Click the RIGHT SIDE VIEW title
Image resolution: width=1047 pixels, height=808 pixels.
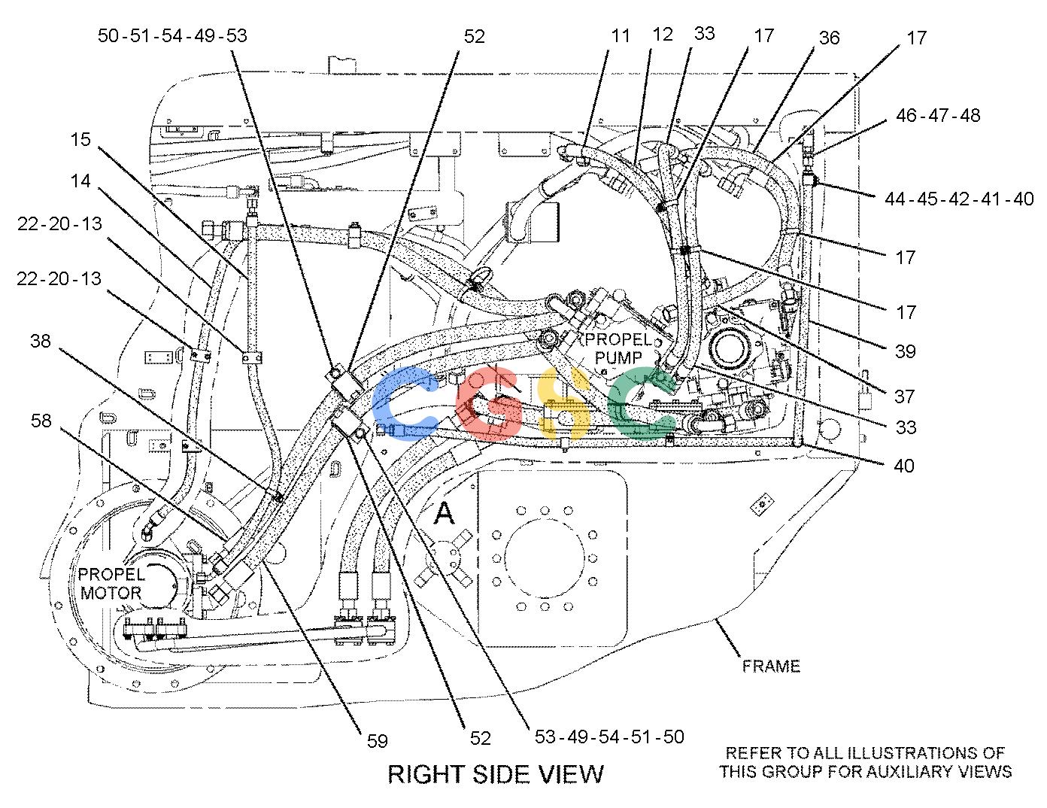click(x=496, y=774)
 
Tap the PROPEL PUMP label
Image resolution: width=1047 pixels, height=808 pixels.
click(x=618, y=349)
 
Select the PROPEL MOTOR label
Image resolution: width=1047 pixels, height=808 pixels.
click(x=111, y=584)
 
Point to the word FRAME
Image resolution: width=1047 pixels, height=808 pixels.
click(x=771, y=667)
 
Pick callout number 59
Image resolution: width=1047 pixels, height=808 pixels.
click(x=377, y=741)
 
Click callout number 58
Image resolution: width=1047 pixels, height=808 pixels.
click(x=41, y=421)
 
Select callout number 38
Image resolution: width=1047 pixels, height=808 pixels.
click(x=41, y=341)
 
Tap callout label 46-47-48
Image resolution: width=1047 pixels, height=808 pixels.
click(x=938, y=116)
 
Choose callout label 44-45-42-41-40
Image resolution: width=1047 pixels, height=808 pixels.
click(x=959, y=199)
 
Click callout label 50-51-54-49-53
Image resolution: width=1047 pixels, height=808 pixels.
click(x=172, y=35)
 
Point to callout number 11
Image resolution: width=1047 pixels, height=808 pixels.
click(x=621, y=35)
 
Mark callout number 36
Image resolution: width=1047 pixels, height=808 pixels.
click(x=829, y=38)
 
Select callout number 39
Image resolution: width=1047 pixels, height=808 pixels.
click(x=906, y=352)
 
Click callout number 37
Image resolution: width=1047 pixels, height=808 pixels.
click(x=904, y=396)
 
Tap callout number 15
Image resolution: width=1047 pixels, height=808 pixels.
click(x=80, y=140)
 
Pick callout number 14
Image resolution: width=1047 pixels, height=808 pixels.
click(x=80, y=181)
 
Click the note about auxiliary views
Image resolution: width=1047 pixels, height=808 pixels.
click(x=865, y=762)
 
